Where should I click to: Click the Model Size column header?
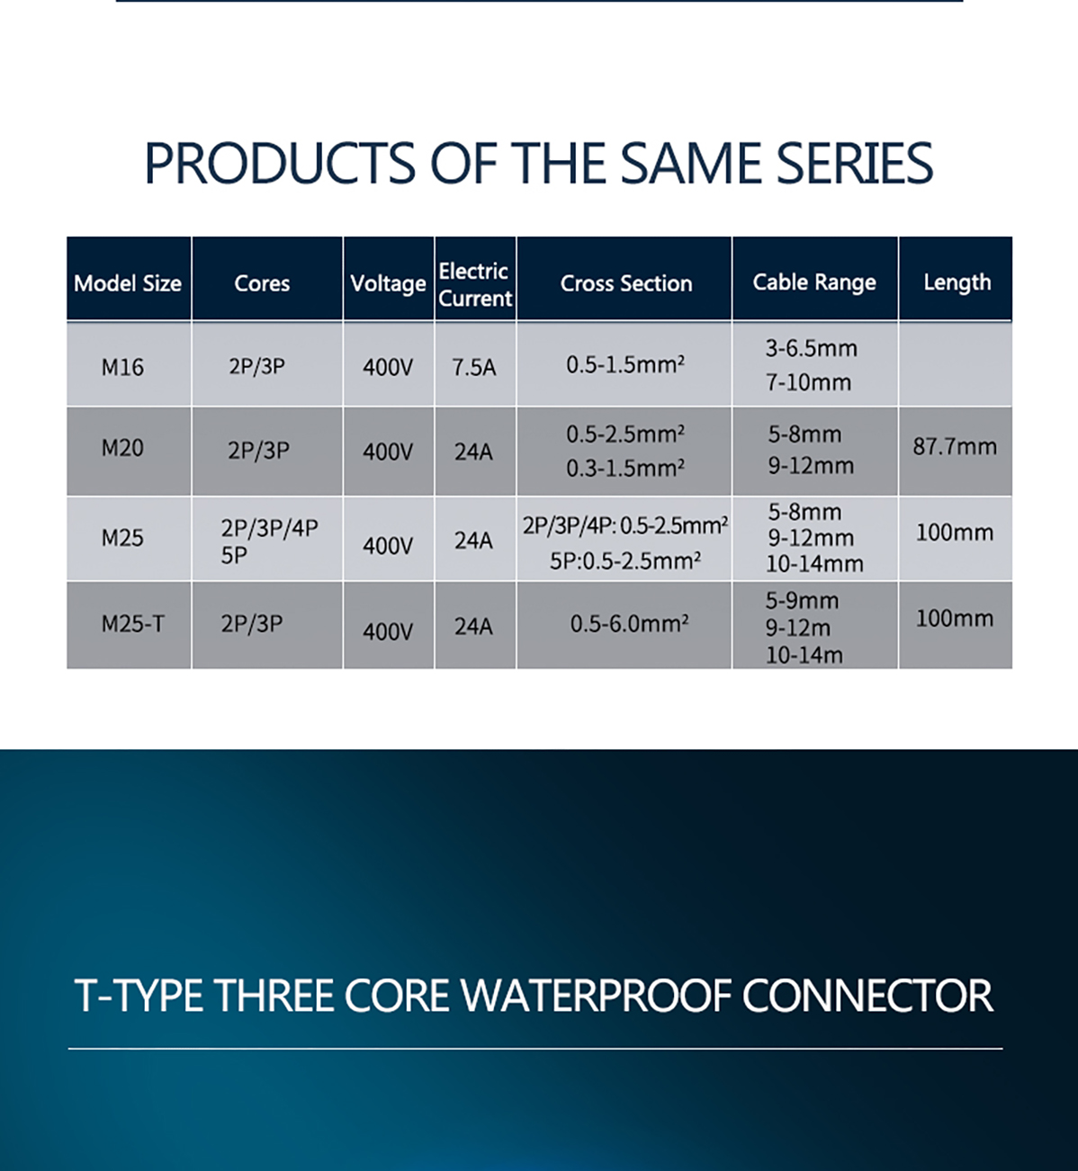pyautogui.click(x=128, y=283)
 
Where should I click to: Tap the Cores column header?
pyautogui.click(x=262, y=283)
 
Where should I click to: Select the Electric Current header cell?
pyautogui.click(x=475, y=285)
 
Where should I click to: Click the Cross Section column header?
pyautogui.click(x=625, y=283)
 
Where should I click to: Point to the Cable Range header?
pyautogui.click(x=814, y=282)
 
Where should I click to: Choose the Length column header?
pyautogui.click(x=957, y=282)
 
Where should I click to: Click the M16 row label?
pyautogui.click(x=122, y=367)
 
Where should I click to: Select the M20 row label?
pyautogui.click(x=122, y=448)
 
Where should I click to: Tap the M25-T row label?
pyautogui.click(x=132, y=624)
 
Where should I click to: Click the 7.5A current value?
pyautogui.click(x=474, y=368)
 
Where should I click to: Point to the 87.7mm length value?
pyautogui.click(x=955, y=447)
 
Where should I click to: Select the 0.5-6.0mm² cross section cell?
pyautogui.click(x=629, y=624)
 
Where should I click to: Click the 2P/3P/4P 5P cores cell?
pyautogui.click(x=269, y=541)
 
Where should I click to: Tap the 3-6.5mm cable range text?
pyautogui.click(x=812, y=348)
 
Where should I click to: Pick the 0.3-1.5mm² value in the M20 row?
pyautogui.click(x=625, y=469)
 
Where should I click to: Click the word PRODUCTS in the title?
pyautogui.click(x=281, y=163)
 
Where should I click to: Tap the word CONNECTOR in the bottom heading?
pyautogui.click(x=867, y=996)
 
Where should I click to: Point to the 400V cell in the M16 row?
pyautogui.click(x=388, y=368)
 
